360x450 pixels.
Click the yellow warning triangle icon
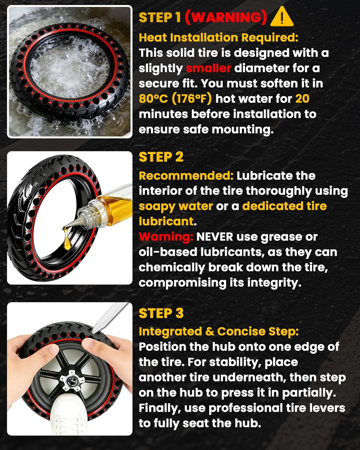(x=282, y=17)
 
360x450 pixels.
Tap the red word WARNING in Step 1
(x=226, y=17)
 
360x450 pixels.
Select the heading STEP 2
(x=161, y=157)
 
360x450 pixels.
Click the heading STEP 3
(x=161, y=313)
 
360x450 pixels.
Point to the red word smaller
(x=208, y=68)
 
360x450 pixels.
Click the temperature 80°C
(x=153, y=99)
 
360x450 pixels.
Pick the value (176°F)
(x=191, y=99)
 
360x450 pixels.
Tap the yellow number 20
(x=302, y=99)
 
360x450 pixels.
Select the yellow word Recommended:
(x=186, y=176)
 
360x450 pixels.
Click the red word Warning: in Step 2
(x=166, y=237)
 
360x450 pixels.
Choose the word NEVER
(x=214, y=237)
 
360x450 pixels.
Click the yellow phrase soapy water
(x=175, y=206)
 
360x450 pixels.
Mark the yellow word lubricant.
(x=166, y=221)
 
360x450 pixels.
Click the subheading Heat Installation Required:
(x=218, y=38)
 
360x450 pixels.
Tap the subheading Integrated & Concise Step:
(x=219, y=331)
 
